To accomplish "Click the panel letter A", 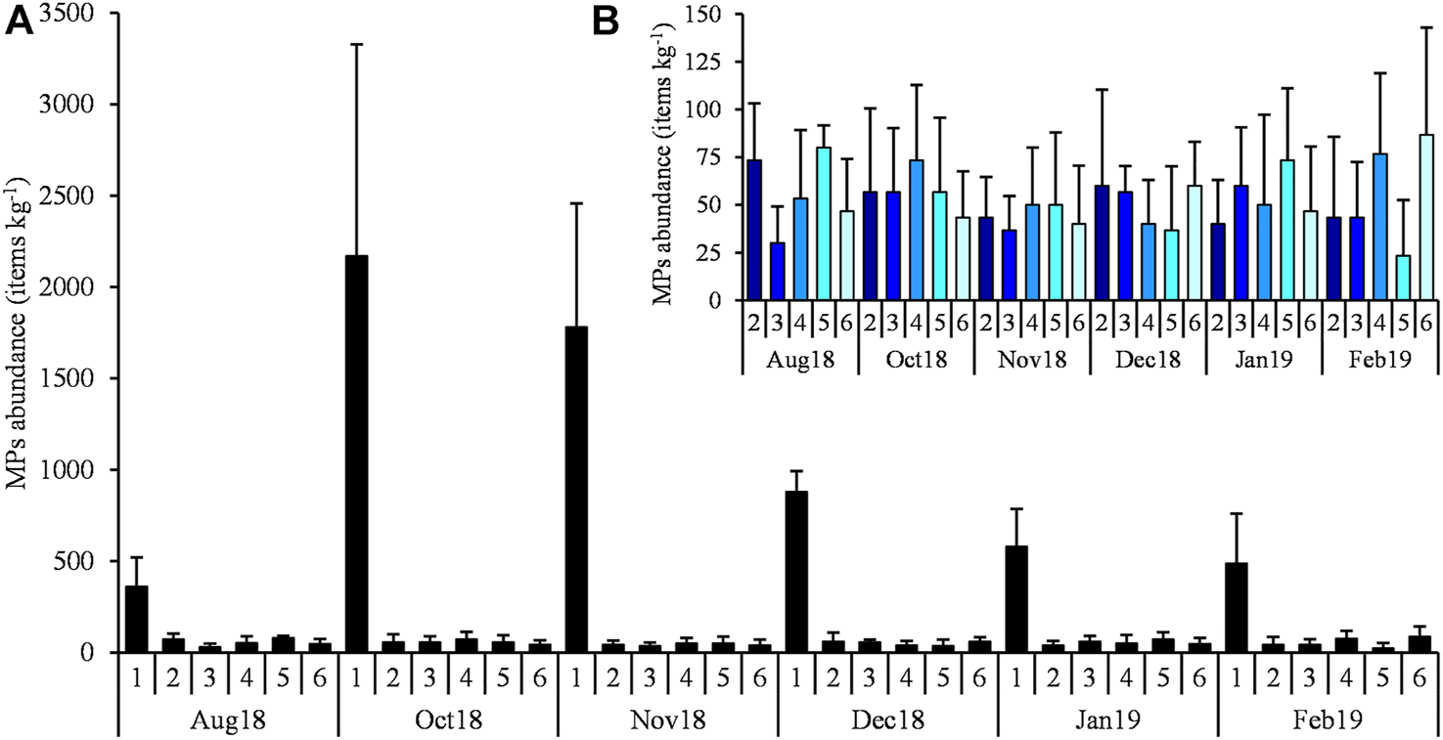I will coord(21,22).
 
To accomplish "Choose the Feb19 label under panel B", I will coord(1379,358).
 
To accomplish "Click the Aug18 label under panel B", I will coord(800,358).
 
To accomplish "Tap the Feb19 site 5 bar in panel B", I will coord(1404,278).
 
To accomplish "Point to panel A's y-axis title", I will coord(22,332).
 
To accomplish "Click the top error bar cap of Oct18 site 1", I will coord(356,44).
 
